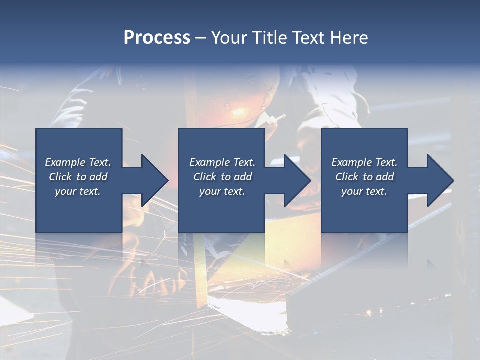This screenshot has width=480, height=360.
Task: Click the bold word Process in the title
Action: (157, 38)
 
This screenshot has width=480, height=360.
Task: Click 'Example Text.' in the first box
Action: (78, 162)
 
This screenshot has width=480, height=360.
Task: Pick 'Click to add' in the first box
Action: (78, 177)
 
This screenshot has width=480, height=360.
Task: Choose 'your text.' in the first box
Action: (78, 191)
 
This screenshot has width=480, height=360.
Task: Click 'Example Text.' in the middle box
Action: (222, 162)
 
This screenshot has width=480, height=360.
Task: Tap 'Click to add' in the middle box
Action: (222, 177)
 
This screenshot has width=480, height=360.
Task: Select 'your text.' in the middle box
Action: (222, 191)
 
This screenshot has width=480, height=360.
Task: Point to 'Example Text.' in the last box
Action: (364, 162)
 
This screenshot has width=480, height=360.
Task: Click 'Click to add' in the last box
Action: (364, 177)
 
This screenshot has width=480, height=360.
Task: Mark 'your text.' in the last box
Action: (364, 191)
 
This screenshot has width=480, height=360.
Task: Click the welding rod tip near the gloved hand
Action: (283, 117)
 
